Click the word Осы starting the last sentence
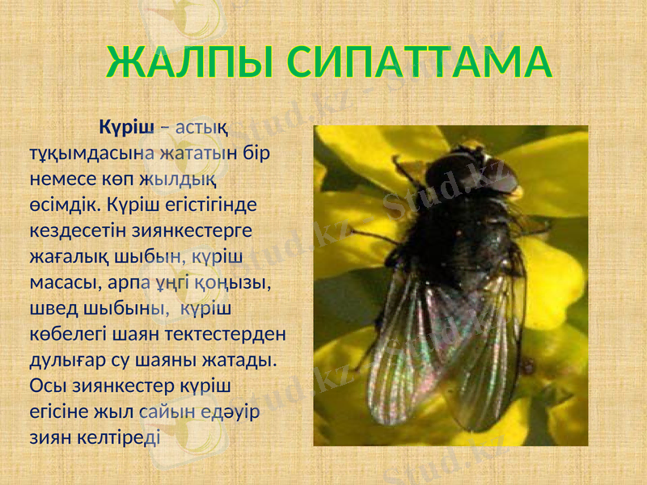[x=46, y=386]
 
